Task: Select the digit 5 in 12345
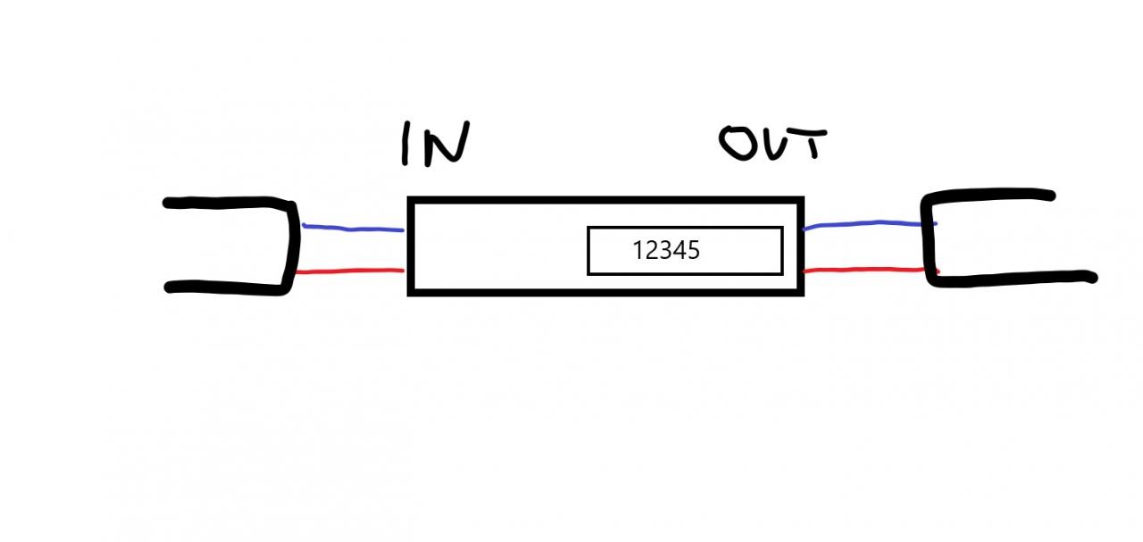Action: click(694, 251)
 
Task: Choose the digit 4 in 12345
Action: click(680, 251)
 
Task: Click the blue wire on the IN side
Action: click(353, 229)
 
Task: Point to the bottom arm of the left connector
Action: click(223, 287)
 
